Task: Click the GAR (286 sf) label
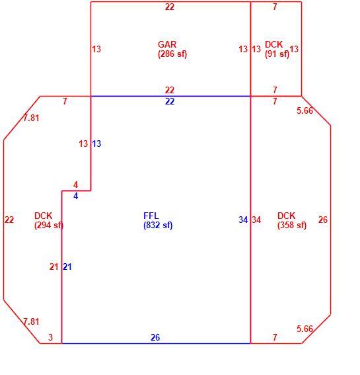pos(172,49)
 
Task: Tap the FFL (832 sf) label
pos(158,220)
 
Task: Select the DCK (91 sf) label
pos(277,49)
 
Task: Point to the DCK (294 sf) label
pos(49,220)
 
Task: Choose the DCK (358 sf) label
pos(292,220)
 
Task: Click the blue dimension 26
pos(155,337)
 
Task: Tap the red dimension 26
pos(323,220)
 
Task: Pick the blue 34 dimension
pos(243,220)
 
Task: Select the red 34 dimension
pos(256,220)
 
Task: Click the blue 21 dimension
pos(67,267)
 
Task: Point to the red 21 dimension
pos(54,267)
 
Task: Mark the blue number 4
pos(76,196)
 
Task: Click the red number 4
pos(76,185)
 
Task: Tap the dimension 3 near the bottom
pos(50,337)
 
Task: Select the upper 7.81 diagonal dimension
pos(31,118)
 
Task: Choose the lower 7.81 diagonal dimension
pos(31,321)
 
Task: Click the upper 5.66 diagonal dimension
pos(305,110)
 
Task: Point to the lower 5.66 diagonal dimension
pos(305,329)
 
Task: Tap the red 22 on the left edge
pos(9,220)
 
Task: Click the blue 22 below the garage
pos(170,101)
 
